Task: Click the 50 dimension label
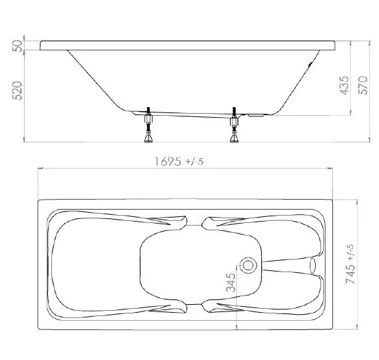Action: pos(17,46)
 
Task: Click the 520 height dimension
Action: pos(17,90)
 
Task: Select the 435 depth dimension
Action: pos(344,85)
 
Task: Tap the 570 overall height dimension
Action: pos(363,85)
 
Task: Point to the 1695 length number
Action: pos(168,161)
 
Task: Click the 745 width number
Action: pos(351,274)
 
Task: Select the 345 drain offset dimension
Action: pos(231,283)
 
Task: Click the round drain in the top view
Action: pos(248,265)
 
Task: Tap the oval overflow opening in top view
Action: pos(312,266)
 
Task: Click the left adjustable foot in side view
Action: pos(149,124)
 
